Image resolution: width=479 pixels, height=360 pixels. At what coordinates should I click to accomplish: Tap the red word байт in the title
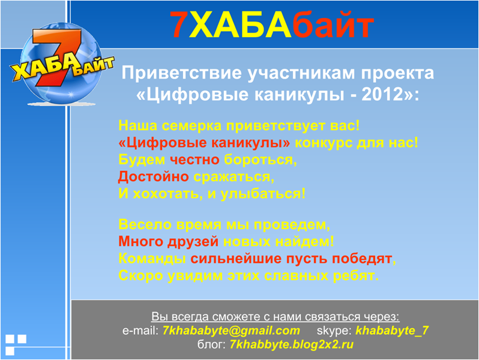pyautogui.click(x=333, y=23)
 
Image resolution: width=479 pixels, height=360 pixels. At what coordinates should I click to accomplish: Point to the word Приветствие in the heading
pyautogui.click(x=181, y=73)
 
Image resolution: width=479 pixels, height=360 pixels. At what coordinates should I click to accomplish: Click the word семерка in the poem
pyautogui.click(x=191, y=126)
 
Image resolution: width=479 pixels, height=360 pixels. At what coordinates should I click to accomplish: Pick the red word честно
pyautogui.click(x=194, y=160)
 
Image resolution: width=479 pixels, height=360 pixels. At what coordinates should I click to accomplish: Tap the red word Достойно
pyautogui.click(x=154, y=176)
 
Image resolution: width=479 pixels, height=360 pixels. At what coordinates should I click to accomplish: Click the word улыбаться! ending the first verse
pyautogui.click(x=263, y=194)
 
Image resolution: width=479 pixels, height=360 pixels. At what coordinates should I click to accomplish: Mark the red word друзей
pyautogui.click(x=193, y=242)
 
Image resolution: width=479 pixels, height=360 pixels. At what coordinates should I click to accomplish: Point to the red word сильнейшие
pyautogui.click(x=236, y=259)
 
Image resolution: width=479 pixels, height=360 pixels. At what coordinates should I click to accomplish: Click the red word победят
pyautogui.click(x=362, y=259)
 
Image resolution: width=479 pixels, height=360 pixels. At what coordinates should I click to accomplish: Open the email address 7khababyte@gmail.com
pyautogui.click(x=231, y=331)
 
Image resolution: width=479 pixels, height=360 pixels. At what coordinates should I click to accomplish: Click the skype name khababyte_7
pyautogui.click(x=392, y=331)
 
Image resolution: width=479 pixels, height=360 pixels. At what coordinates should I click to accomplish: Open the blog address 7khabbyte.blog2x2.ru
pyautogui.click(x=292, y=344)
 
